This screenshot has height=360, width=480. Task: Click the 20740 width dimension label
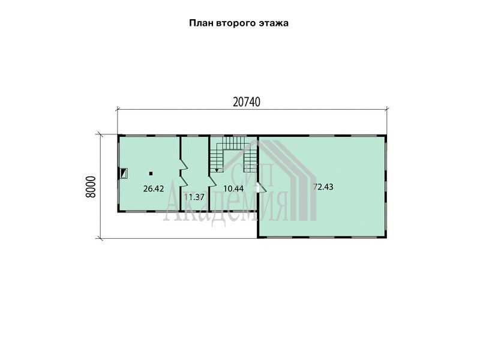click(247, 101)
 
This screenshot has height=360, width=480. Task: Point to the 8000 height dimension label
click(91, 187)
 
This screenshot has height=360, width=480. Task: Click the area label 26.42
click(154, 188)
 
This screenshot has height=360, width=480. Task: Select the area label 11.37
click(194, 197)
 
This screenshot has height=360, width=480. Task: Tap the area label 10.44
click(233, 188)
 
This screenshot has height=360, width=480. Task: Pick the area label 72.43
click(323, 187)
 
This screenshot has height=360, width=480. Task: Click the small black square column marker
click(151, 173)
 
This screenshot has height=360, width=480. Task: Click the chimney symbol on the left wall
click(124, 173)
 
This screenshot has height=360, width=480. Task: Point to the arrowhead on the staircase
click(217, 170)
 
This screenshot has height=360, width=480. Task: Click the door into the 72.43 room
click(262, 188)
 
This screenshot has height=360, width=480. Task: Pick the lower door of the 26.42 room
click(183, 181)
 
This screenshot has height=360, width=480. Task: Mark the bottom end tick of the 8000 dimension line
click(100, 238)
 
